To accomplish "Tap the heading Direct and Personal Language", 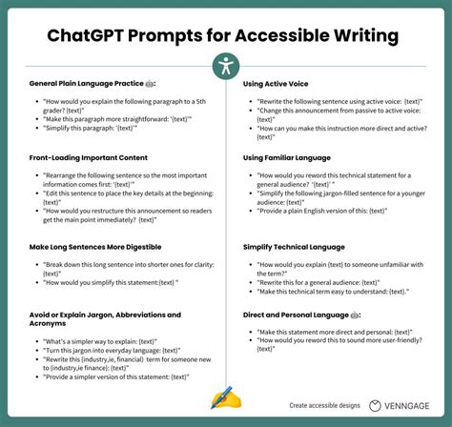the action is [298, 314].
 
